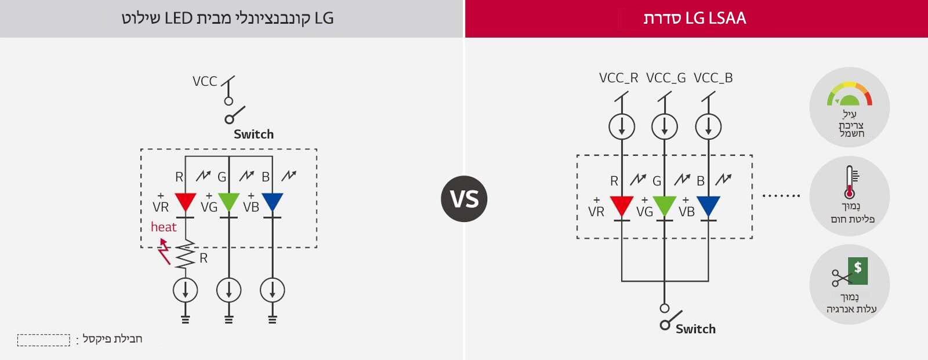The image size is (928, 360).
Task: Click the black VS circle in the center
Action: pos(464,199)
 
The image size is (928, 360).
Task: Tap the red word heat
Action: pos(164,227)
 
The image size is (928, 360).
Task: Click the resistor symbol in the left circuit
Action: pos(186,255)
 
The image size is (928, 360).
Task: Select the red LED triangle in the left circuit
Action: pos(186,202)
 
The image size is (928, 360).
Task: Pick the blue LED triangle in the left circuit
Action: pos(273,202)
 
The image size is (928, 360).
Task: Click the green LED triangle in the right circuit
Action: pos(665,205)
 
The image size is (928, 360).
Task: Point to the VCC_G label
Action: pos(666,78)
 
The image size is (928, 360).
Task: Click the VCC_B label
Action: pos(713,78)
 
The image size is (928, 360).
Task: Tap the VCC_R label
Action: pos(618,78)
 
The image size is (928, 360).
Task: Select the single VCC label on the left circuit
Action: pos(205,81)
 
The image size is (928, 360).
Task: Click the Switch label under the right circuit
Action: pos(695,329)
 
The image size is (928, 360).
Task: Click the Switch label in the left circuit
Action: pos(253,134)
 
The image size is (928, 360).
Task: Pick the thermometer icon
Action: pos(850,182)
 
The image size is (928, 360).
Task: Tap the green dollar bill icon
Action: pos(857,270)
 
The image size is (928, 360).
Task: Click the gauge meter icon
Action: pos(850,95)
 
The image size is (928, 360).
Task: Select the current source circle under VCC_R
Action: pos(622,126)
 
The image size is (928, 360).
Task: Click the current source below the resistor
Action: pos(186,290)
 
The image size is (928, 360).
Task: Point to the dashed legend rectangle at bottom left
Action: pos(43,340)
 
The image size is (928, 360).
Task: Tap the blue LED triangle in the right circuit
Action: pos(708,205)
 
